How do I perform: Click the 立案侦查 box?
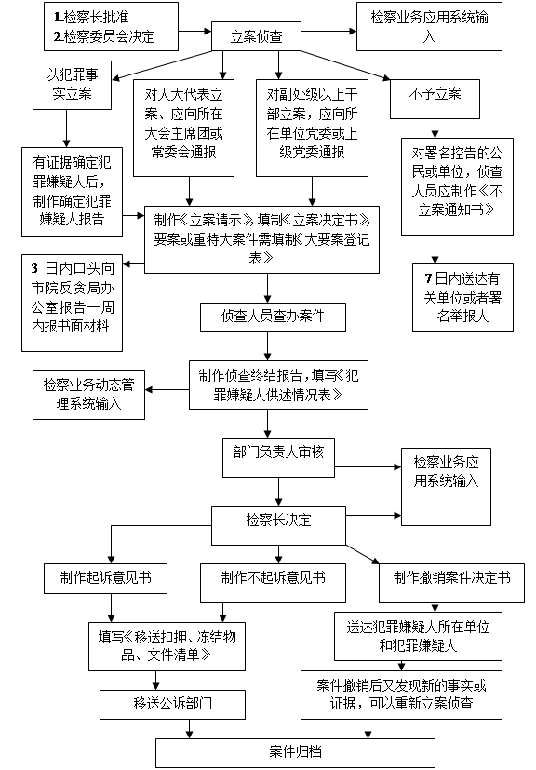click(256, 36)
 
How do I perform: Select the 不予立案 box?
click(435, 99)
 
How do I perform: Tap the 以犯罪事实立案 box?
click(73, 85)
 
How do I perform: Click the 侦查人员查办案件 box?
click(273, 317)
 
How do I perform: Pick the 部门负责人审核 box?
click(278, 457)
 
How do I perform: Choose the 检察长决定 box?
click(278, 525)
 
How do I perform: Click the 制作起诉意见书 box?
click(105, 578)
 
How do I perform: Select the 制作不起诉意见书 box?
click(273, 583)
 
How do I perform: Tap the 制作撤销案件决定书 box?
click(451, 583)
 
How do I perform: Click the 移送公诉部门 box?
click(172, 705)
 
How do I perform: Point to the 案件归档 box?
click(295, 753)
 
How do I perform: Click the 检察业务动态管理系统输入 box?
click(88, 395)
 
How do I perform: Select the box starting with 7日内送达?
click(462, 298)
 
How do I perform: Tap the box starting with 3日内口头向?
click(73, 303)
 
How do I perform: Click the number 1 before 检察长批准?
click(57, 17)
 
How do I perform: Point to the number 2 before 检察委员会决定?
click(58, 36)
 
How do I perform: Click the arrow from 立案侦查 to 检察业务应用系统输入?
click(328, 32)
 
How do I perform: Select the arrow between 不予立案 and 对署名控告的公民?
click(435, 128)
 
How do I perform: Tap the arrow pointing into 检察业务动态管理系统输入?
click(167, 390)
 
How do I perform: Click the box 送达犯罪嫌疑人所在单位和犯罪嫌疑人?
click(418, 636)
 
